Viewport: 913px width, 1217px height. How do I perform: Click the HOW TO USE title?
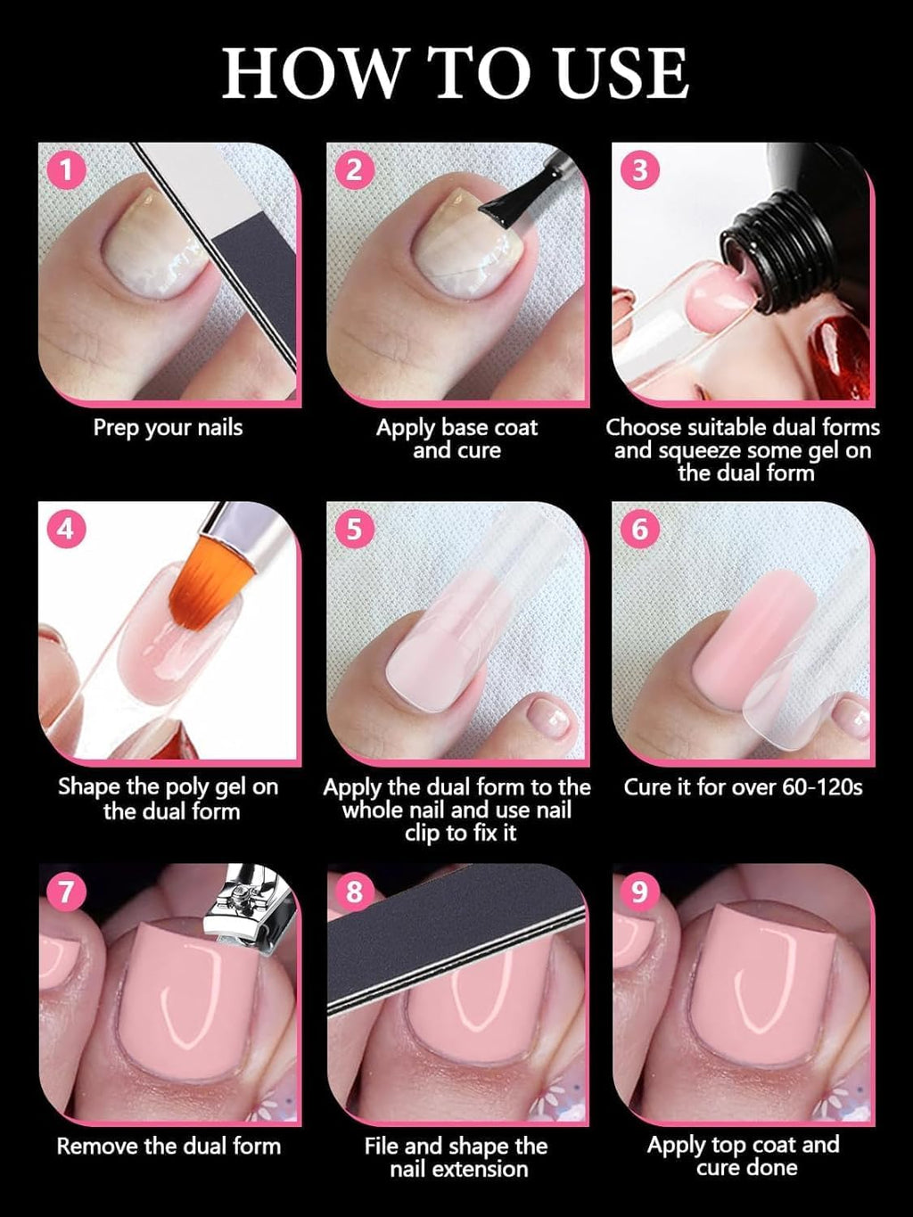(x=456, y=73)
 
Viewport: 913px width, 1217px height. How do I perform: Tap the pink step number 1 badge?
(x=66, y=169)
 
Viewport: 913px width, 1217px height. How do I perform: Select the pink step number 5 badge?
(x=354, y=529)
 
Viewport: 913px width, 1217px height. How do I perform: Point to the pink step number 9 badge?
(x=639, y=891)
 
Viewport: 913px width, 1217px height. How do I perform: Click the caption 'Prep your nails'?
(x=168, y=428)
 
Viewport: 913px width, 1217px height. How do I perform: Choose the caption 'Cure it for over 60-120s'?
(x=743, y=787)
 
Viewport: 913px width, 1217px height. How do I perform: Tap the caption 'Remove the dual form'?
(x=169, y=1147)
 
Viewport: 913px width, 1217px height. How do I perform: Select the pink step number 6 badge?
(x=639, y=529)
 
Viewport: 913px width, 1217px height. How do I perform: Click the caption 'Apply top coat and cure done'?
(x=744, y=1156)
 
